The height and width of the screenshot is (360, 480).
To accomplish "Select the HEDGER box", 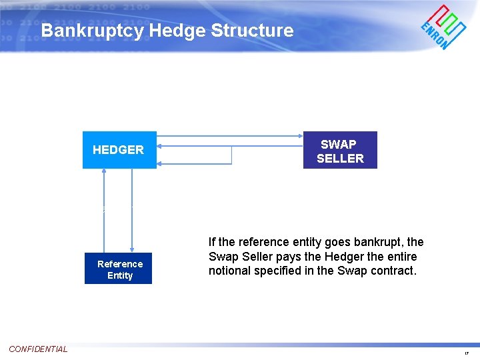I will tap(119, 150).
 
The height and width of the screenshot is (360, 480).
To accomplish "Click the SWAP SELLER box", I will tap(340, 150).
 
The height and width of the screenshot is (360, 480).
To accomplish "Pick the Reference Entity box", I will tap(119, 269).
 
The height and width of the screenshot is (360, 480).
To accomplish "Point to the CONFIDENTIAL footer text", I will tap(38, 349).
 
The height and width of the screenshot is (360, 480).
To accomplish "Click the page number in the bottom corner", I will tap(467, 353).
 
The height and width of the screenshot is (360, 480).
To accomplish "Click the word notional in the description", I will tap(229, 271).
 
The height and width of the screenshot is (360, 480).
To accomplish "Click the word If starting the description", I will tap(212, 242).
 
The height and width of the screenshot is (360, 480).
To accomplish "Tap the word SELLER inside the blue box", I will tap(340, 159).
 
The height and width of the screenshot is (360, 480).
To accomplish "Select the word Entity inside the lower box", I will tap(120, 275).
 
